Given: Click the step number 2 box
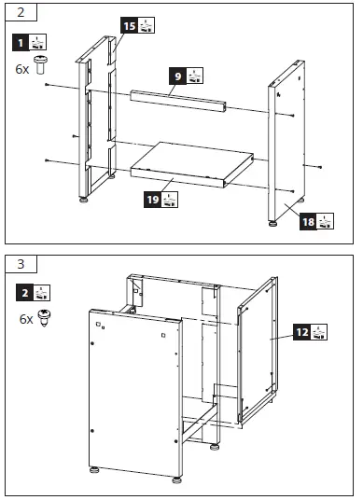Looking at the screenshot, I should (20, 14).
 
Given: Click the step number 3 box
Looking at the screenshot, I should (20, 264).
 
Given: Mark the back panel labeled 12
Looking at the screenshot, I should (257, 345).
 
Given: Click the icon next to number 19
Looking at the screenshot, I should (172, 199).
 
